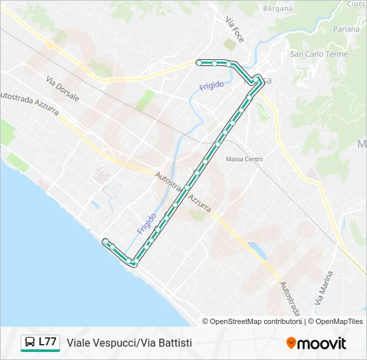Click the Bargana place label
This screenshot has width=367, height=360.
click(278, 9)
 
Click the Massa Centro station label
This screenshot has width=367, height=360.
click(244, 159)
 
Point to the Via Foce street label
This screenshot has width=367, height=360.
click(235, 29)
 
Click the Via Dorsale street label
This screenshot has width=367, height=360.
click(63, 89)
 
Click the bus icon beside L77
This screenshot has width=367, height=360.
click(30, 343)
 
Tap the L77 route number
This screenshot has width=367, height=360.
click(47, 342)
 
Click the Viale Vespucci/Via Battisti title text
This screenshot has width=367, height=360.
click(129, 343)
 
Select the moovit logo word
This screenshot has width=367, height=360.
click(322, 343)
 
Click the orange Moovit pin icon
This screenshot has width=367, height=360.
click(291, 343)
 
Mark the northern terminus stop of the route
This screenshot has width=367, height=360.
click(199, 63)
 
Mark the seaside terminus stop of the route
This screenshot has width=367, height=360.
click(105, 241)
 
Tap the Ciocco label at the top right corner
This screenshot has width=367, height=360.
click(357, 3)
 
